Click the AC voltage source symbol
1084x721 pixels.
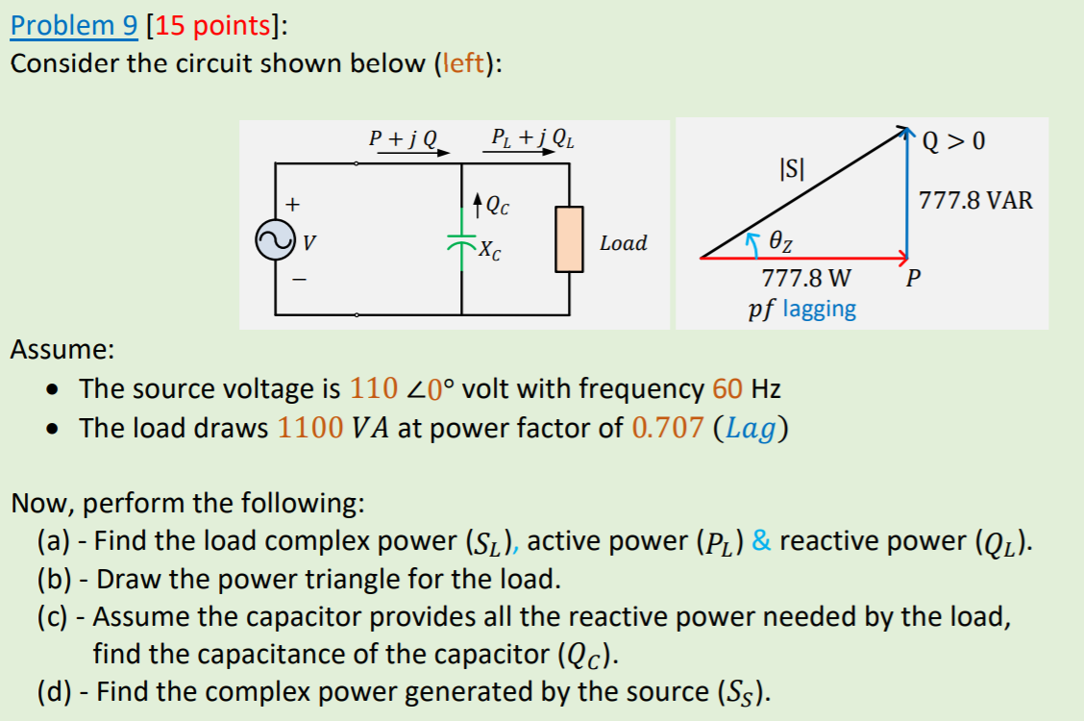coord(275,241)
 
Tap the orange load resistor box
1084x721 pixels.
coord(570,239)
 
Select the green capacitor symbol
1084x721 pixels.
coord(461,240)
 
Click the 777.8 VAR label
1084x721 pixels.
coord(975,201)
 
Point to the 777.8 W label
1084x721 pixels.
coord(805,280)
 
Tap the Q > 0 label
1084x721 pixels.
coord(953,142)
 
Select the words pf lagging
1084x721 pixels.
coord(801,309)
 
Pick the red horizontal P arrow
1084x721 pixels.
coord(803,258)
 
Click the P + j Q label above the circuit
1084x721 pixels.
coord(404,138)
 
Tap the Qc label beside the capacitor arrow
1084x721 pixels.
coord(499,204)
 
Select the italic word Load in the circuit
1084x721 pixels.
coord(624,243)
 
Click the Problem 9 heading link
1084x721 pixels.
coord(74,26)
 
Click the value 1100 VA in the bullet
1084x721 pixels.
coord(333,428)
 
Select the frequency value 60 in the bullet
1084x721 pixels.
coord(727,389)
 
